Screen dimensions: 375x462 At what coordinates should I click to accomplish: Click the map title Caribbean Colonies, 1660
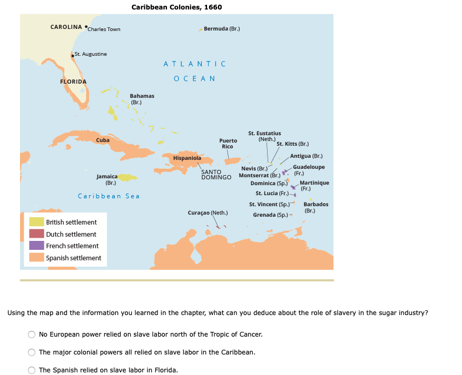176,7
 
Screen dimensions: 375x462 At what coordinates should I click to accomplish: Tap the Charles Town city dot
86,26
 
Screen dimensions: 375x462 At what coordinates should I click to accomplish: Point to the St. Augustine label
91,54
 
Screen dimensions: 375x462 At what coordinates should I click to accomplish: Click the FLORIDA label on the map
73,82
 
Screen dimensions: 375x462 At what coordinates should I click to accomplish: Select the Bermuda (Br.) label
222,28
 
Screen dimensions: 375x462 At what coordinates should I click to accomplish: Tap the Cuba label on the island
103,140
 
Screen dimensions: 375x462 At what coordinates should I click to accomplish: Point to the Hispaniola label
187,158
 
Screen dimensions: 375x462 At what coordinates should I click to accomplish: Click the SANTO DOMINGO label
216,175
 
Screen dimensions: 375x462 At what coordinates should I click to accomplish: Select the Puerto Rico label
228,144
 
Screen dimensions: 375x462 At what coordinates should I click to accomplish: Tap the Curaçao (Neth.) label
208,213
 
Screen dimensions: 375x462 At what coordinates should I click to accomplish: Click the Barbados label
316,205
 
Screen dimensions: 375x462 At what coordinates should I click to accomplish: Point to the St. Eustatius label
264,134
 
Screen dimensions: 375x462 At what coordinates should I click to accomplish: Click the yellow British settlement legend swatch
36,222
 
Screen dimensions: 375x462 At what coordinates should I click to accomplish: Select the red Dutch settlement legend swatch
36,234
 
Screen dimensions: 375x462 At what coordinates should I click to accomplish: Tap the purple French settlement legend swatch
36,246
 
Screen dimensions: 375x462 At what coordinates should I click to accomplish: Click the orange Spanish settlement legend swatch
36,258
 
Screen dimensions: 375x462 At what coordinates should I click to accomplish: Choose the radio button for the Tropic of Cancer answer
32,335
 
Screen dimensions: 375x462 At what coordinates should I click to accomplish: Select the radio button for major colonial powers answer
32,352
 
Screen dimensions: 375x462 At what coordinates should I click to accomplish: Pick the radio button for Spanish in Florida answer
32,370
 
